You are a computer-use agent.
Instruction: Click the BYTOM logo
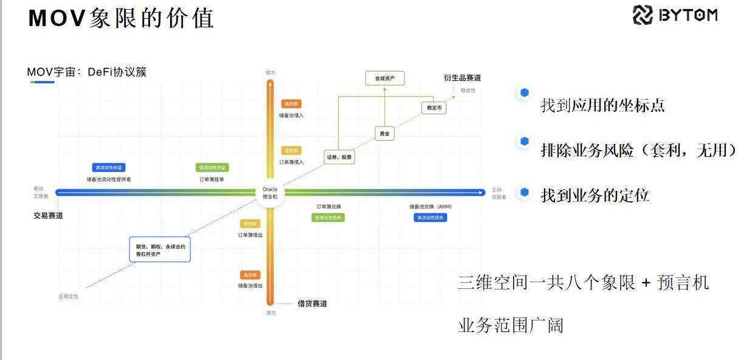coord(675,15)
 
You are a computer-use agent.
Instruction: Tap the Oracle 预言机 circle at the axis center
coord(270,193)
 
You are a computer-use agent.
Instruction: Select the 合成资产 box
coord(385,78)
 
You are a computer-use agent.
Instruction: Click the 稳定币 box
coord(434,108)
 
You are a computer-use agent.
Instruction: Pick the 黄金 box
coord(384,133)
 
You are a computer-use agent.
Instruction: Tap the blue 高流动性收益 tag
coord(109,168)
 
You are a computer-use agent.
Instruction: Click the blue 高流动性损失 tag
coord(430,218)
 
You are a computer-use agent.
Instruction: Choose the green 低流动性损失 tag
coord(328,218)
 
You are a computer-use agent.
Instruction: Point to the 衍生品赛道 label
coord(462,78)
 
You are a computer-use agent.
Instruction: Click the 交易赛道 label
coord(48,215)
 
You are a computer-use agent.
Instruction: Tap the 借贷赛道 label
coord(312,303)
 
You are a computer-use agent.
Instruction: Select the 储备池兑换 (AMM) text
coord(430,207)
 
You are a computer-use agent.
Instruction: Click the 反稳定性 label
coord(69,296)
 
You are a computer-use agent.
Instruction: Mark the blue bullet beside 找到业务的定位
coord(524,193)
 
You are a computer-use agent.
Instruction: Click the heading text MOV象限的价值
coord(121,18)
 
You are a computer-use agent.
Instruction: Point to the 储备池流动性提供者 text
coord(109,179)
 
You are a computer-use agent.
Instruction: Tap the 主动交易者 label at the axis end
coord(498,193)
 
